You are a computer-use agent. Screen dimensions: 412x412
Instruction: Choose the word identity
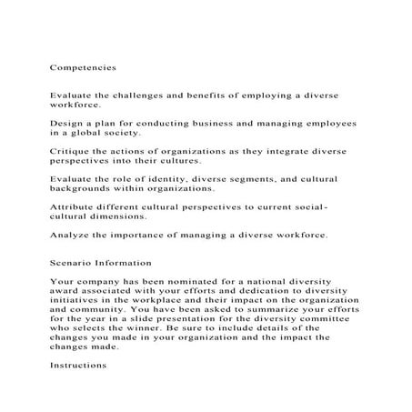[x=175, y=180]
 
